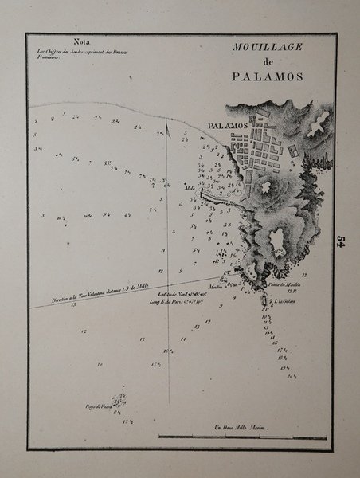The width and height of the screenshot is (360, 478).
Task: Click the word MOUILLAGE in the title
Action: click(x=268, y=47)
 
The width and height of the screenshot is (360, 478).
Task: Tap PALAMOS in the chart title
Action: click(x=268, y=77)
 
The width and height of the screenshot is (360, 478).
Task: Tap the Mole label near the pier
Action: click(x=190, y=190)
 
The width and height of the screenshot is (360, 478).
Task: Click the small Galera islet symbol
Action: click(x=264, y=300)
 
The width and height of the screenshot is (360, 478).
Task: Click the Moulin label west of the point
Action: click(x=218, y=284)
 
